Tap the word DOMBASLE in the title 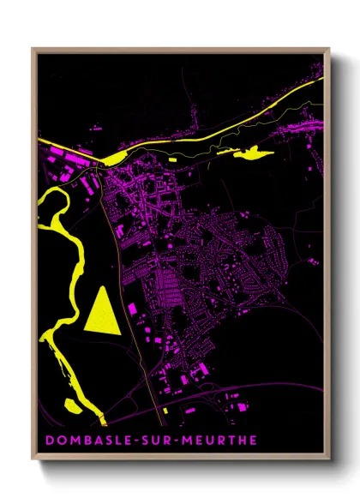[81, 441]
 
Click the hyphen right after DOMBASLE [124, 441]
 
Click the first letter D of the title [48, 441]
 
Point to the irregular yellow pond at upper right [249, 154]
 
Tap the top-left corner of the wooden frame [33, 49]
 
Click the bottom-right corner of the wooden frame [328, 459]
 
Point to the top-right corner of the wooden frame [328, 49]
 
